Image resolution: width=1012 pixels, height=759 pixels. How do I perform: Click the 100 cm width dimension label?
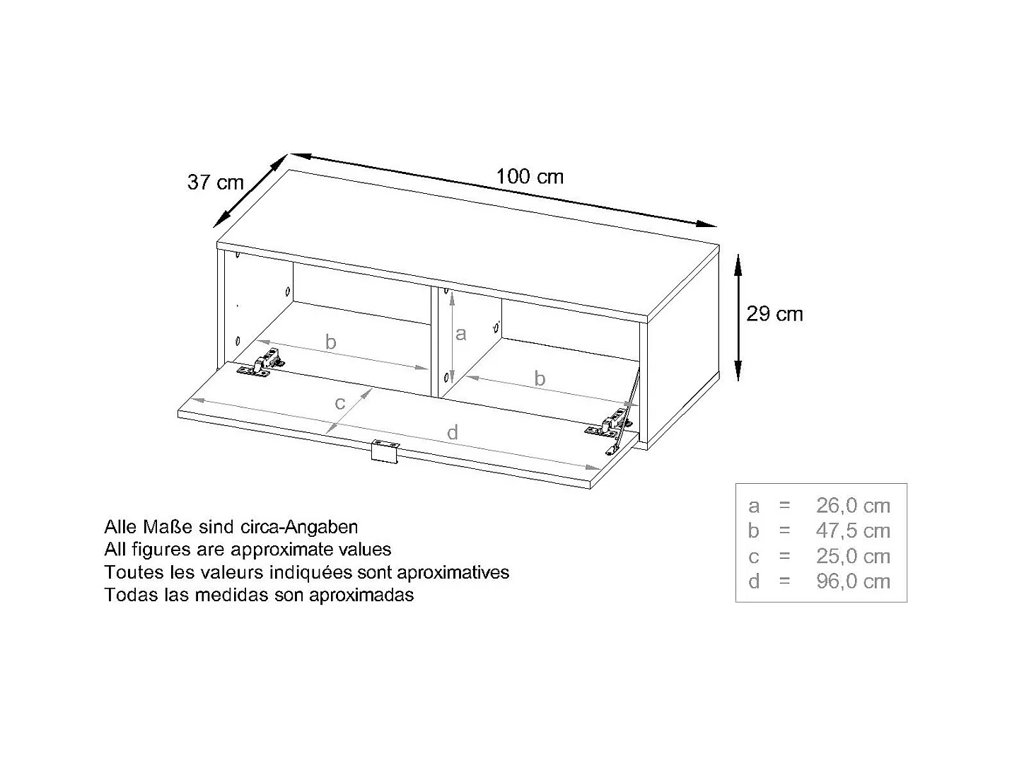click(530, 176)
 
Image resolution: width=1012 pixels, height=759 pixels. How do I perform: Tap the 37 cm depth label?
click(215, 182)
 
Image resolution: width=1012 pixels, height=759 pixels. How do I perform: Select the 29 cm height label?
click(775, 313)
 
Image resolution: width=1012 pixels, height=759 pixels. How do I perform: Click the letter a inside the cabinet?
click(461, 333)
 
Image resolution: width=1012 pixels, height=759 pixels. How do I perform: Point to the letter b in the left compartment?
click(330, 342)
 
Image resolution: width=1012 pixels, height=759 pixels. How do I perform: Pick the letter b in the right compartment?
click(540, 378)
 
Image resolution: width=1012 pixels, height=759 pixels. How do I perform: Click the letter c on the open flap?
click(340, 403)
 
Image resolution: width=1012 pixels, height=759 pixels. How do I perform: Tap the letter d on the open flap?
click(453, 432)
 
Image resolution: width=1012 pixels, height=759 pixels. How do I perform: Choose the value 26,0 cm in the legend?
click(853, 506)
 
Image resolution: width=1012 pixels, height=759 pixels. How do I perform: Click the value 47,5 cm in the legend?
click(853, 531)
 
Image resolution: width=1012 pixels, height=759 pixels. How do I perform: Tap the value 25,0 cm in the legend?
click(853, 556)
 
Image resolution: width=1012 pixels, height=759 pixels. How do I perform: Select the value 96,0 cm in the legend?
click(853, 581)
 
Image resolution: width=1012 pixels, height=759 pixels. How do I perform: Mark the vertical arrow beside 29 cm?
click(738, 317)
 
